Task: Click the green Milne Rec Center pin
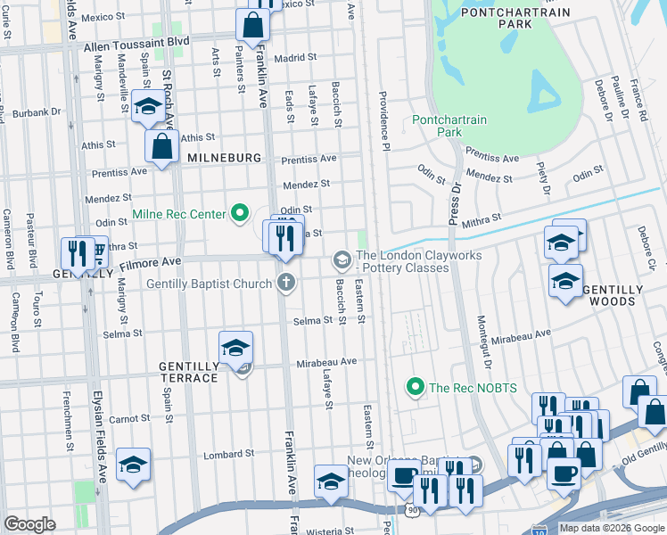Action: (x=239, y=214)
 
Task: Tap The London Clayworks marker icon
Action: (x=341, y=260)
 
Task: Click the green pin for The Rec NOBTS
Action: (x=414, y=387)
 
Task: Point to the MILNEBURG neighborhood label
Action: (x=224, y=158)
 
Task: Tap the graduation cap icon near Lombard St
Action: (x=133, y=465)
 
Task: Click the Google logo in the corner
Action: (x=29, y=524)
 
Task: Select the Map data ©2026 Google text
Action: (x=611, y=528)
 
